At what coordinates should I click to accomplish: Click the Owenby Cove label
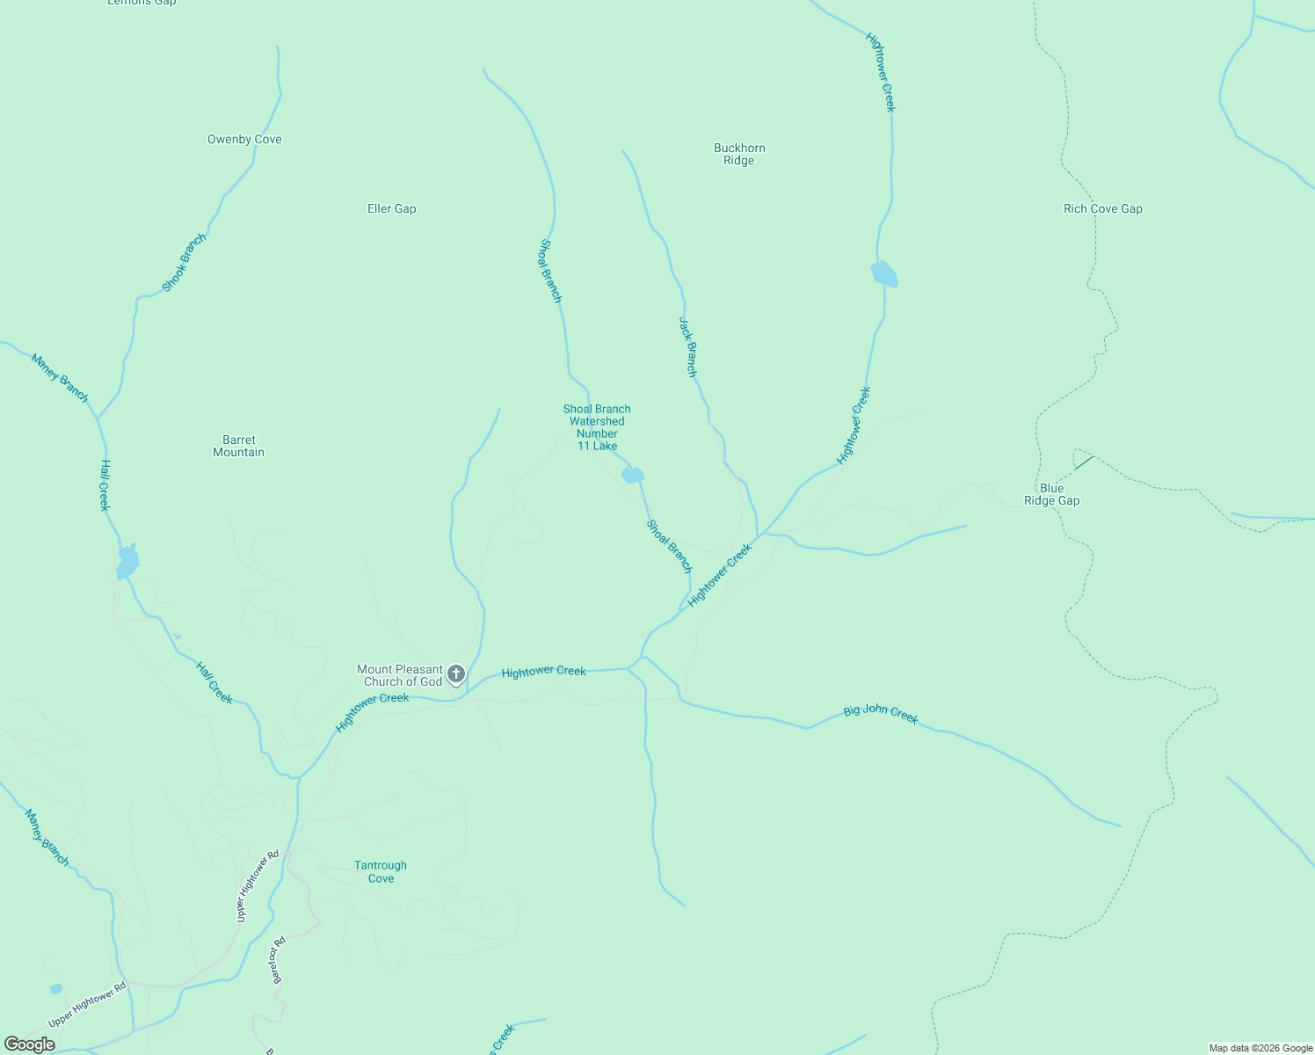244,139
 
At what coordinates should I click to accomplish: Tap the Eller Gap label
391,208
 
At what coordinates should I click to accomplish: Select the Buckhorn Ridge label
739,154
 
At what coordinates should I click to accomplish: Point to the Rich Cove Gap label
1102,208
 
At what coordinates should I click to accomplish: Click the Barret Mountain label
238,446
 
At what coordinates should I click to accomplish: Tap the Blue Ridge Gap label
1051,494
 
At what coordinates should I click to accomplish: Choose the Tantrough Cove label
381,871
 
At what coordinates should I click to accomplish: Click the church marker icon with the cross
455,674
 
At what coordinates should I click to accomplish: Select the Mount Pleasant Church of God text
401,675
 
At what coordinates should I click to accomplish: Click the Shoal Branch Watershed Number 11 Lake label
597,427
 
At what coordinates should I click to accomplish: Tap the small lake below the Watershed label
632,476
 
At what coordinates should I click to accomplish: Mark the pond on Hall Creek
127,562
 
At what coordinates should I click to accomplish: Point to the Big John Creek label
880,714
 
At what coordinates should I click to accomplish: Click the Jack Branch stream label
687,347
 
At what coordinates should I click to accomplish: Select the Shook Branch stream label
185,262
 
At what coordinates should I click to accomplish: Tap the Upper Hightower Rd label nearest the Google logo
88,1005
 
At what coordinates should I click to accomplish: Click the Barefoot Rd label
278,959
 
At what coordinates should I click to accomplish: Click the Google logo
29,1044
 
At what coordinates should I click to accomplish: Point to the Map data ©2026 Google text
1261,1048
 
